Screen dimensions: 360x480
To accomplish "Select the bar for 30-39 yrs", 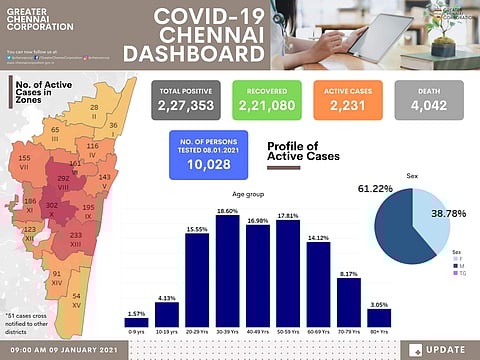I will pyautogui.click(x=227, y=270).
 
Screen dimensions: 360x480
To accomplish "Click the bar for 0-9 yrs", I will pyautogui.click(x=136, y=321).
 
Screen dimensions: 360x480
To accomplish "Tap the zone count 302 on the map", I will pyautogui.click(x=52, y=204).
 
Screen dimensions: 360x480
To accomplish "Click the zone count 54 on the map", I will pyautogui.click(x=77, y=296).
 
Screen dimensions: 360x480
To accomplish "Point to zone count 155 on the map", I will pyautogui.click(x=23, y=159).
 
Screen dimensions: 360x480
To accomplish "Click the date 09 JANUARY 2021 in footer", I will pyautogui.click(x=87, y=349).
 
